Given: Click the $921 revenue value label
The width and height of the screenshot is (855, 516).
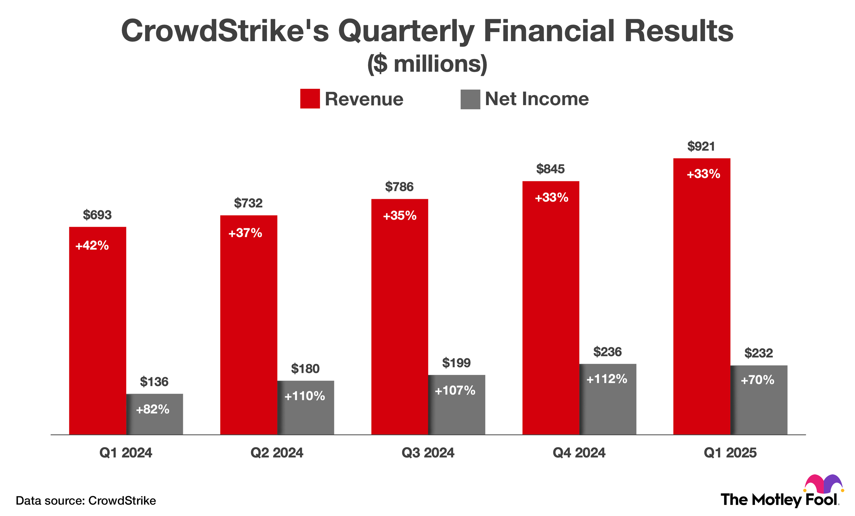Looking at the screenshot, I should pos(701,146).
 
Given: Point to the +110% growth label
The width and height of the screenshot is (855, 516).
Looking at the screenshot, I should pos(305,396).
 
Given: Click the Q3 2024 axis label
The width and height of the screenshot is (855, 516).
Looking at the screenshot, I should pos(427,453).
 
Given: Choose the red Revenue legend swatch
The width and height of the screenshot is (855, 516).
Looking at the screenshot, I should pos(310,99).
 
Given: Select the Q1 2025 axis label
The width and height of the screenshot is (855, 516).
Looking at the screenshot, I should pos(730,453).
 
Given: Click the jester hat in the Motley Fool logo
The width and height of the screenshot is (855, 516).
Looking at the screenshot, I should pos(823,484).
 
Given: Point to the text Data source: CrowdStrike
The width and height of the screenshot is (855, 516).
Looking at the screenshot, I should pos(86,501).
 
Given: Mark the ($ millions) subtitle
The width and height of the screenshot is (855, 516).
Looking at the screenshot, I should pos(427,64).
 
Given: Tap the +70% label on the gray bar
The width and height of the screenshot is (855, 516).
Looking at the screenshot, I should pos(757,380).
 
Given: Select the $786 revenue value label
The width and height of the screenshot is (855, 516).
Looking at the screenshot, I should pos(399,187).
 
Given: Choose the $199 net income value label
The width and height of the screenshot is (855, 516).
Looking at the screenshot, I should pos(456,363).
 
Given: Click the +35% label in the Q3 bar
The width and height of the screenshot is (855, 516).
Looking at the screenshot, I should pos(399,216).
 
